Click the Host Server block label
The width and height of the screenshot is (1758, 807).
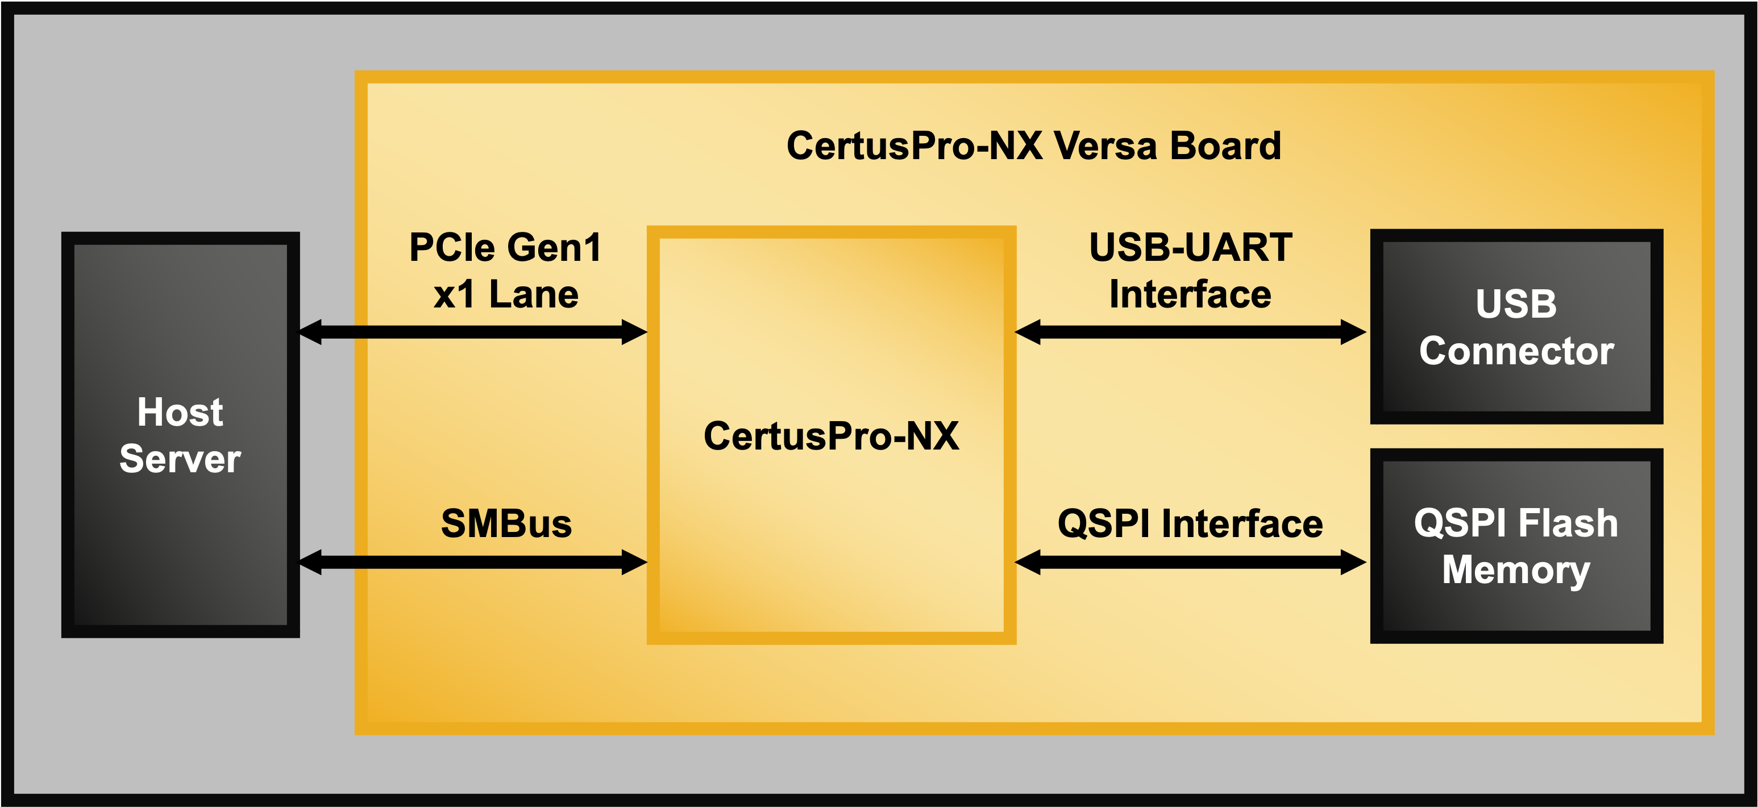tap(180, 435)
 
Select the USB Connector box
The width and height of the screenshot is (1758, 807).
tap(1516, 327)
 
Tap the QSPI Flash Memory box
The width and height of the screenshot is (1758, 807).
tap(1516, 546)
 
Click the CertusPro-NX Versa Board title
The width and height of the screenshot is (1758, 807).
tap(1033, 146)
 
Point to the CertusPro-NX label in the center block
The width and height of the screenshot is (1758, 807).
tap(831, 436)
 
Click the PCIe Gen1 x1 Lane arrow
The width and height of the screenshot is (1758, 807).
tap(473, 332)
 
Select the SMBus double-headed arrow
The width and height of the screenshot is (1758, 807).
tap(473, 562)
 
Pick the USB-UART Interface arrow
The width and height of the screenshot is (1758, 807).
tap(1190, 332)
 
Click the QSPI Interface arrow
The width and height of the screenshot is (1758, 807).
tap(1190, 562)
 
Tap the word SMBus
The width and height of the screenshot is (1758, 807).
tap(506, 524)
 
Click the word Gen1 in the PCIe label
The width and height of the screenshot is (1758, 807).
tap(554, 248)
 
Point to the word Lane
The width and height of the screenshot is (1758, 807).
tap(534, 295)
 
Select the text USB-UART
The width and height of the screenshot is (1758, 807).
tap(1190, 248)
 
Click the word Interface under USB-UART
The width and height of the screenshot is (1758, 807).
tap(1190, 295)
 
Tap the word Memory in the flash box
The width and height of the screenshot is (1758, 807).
tap(1516, 570)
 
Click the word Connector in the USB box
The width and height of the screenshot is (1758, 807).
tap(1516, 351)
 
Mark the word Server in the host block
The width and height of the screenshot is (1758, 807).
tap(180, 459)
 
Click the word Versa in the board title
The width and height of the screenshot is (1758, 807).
tap(1105, 146)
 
